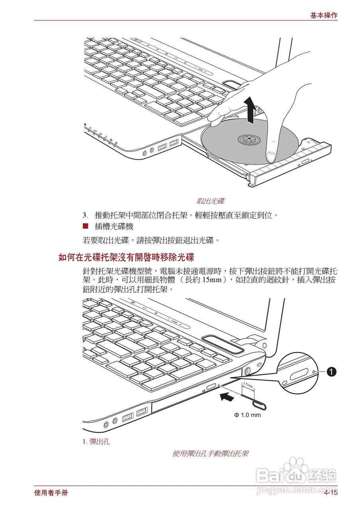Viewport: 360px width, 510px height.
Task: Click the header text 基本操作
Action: [324, 16]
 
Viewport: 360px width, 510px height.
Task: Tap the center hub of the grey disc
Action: [248, 139]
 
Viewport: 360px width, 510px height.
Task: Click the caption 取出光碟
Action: [213, 201]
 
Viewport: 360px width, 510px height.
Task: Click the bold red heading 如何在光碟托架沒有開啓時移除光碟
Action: [126, 257]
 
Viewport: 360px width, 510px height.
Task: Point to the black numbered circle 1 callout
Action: [331, 372]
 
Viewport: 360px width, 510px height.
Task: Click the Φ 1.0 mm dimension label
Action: [247, 415]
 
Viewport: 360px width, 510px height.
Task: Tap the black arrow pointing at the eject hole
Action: [227, 396]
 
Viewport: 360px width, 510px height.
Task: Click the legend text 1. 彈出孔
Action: [96, 441]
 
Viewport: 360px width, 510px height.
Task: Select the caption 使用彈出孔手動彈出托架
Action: [210, 453]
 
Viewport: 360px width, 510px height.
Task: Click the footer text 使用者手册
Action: [51, 493]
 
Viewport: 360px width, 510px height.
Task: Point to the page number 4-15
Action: [330, 493]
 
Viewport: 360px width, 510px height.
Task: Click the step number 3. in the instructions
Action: [85, 216]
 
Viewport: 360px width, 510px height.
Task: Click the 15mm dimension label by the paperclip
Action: [248, 385]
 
